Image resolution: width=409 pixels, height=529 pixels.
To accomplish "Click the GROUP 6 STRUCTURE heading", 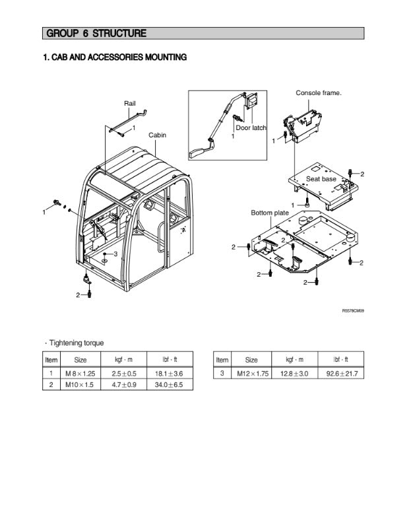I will coord(96,33).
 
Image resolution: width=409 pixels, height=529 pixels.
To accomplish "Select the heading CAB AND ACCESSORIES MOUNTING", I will coord(114,57).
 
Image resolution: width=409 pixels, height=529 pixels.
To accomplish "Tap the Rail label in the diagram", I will coord(130,104).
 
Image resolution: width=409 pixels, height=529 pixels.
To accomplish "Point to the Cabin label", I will coord(157,135).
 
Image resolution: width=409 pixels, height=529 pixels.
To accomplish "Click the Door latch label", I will coord(251,127).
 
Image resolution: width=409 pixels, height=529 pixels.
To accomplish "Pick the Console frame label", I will coord(318,93).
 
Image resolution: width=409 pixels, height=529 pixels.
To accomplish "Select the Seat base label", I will coord(321,179).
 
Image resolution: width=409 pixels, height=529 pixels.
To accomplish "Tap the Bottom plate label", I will coord(269,213).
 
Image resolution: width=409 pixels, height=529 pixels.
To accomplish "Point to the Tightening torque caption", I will coord(75,343).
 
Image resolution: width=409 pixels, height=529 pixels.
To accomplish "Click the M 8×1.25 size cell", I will coord(80,373).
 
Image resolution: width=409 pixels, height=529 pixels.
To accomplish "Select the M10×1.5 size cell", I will coord(80,384).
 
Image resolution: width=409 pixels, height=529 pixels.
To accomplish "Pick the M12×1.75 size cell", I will coord(253,373).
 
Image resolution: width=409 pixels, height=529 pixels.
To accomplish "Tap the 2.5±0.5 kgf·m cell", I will coord(123,373).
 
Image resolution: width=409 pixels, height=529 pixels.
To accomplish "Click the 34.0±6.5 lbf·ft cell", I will coord(169,384).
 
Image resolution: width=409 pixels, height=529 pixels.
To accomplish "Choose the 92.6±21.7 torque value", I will coord(341,373).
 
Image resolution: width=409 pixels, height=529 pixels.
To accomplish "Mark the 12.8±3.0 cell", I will coord(294,373).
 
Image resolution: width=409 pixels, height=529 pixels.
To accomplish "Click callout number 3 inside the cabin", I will coord(115,254).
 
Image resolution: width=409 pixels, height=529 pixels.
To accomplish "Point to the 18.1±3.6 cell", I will coord(169,373).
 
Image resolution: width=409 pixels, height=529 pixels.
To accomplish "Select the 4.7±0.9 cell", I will coord(123,384).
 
